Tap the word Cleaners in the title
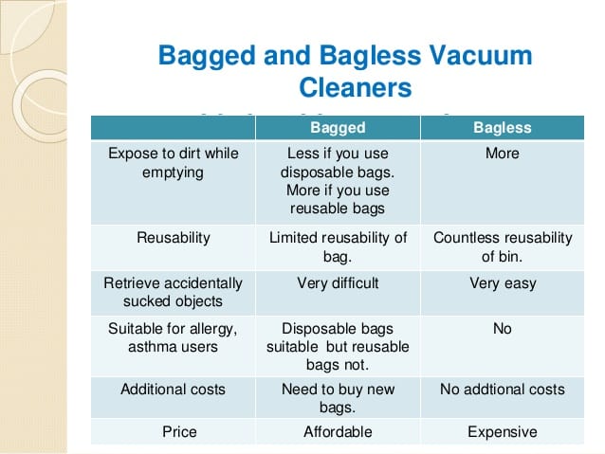pyautogui.click(x=356, y=87)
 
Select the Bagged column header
pyautogui.click(x=338, y=128)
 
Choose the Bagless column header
pyautogui.click(x=503, y=128)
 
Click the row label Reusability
pyautogui.click(x=174, y=238)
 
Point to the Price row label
pyautogui.click(x=179, y=431)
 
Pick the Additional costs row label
pyautogui.click(x=174, y=390)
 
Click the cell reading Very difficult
pyautogui.click(x=338, y=283)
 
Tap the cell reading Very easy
pyautogui.click(x=503, y=283)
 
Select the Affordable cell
pyautogui.click(x=338, y=431)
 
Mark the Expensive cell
pyautogui.click(x=503, y=432)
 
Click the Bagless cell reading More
pyautogui.click(x=503, y=154)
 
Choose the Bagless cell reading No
pyautogui.click(x=503, y=329)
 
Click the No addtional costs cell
pyautogui.click(x=503, y=390)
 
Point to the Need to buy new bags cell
pyautogui.click(x=338, y=398)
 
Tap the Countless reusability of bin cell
pyautogui.click(x=503, y=246)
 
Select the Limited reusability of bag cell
pyautogui.click(x=338, y=246)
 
